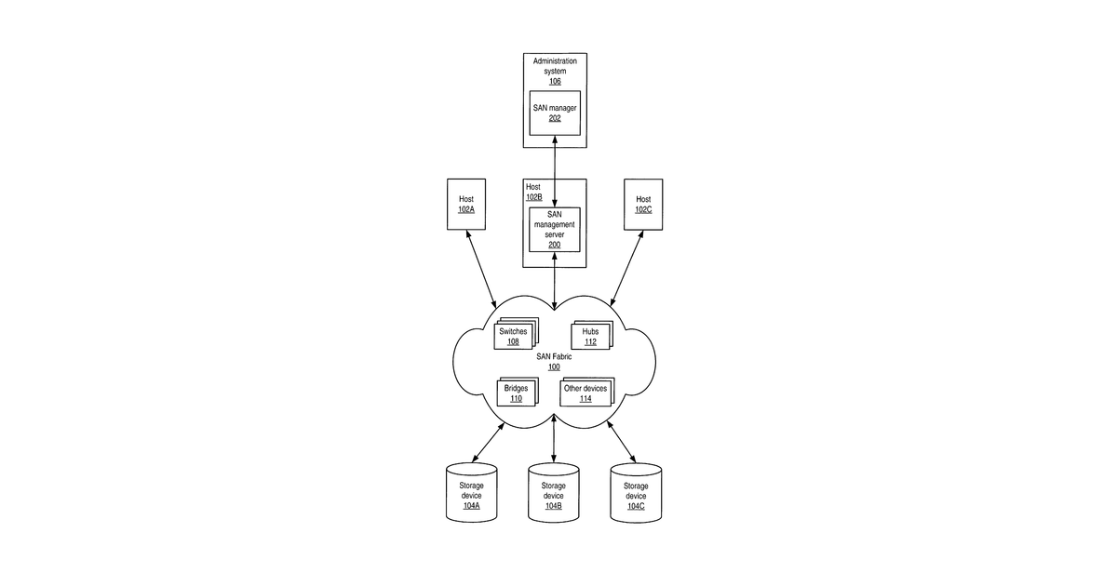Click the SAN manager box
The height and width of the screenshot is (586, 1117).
tap(555, 113)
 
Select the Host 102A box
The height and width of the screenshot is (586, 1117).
tap(466, 205)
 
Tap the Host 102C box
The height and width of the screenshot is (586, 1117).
tap(643, 205)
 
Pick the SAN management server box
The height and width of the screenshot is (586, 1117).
tap(555, 230)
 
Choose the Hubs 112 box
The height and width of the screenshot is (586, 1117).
tap(591, 335)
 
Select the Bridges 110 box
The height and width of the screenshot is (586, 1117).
tap(518, 392)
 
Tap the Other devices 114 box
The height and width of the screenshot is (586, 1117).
tap(587, 392)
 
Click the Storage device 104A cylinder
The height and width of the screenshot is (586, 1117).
tap(471, 492)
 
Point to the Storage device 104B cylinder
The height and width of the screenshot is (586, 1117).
tap(554, 492)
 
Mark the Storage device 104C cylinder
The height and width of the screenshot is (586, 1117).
tap(636, 493)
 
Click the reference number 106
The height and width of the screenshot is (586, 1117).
tap(555, 81)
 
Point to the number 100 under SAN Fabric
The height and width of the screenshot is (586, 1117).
tap(554, 367)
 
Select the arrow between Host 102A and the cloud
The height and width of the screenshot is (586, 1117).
tap(481, 269)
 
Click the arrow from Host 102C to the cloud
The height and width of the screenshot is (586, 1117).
tap(626, 268)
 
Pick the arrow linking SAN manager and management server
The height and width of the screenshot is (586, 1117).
tap(555, 171)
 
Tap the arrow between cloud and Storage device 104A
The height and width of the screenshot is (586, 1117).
tap(488, 443)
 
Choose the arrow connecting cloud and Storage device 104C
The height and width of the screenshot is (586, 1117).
tap(622, 442)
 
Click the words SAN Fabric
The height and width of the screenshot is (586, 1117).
tap(554, 357)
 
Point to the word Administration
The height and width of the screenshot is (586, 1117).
tap(555, 60)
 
